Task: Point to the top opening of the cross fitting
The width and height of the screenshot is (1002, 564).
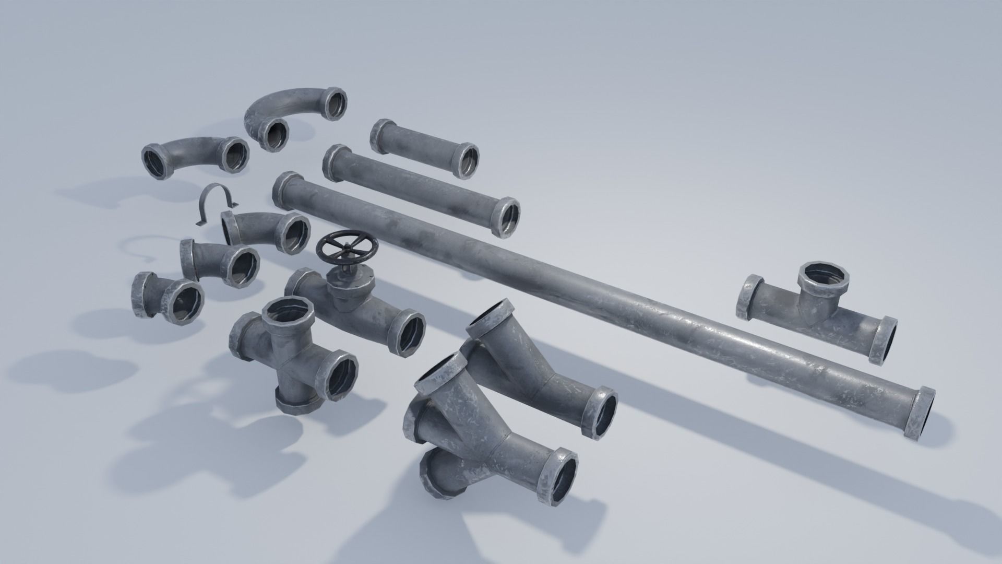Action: (x=287, y=313)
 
